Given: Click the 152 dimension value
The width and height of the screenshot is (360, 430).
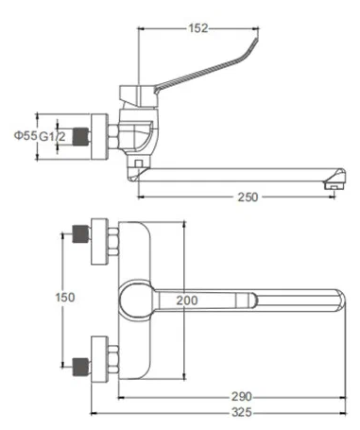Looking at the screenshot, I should click(x=196, y=27).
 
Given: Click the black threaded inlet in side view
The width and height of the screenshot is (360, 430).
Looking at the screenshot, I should click(x=84, y=134).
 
